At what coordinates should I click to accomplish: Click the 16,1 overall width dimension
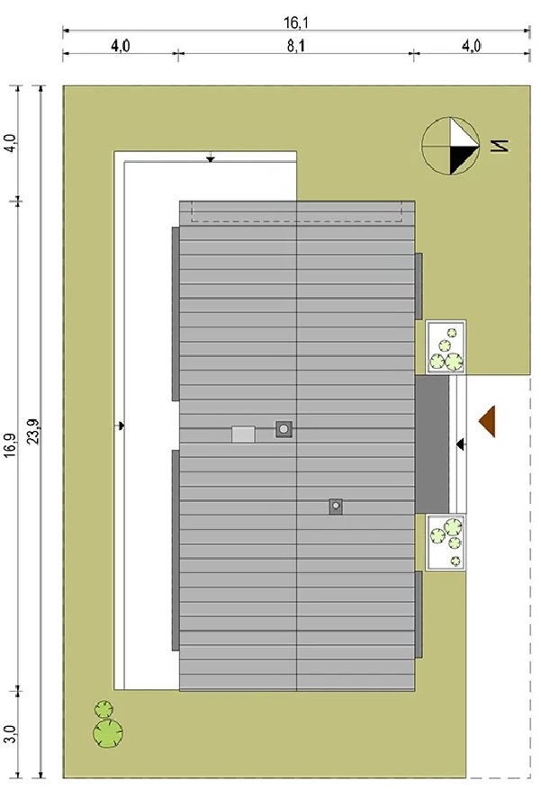point(296,22)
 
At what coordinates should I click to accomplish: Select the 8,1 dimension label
point(296,46)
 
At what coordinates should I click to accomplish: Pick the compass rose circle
point(450,146)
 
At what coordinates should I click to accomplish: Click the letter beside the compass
point(500,146)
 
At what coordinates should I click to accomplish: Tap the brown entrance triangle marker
point(487,421)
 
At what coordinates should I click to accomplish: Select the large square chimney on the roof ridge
point(284,429)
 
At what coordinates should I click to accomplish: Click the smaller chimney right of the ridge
point(336,507)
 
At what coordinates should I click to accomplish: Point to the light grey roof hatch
point(243,435)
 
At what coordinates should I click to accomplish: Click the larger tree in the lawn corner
point(108,732)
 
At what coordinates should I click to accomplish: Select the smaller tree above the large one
point(104,709)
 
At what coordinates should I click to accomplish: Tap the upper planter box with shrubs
point(446,347)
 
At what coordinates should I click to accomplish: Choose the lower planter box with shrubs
point(446,542)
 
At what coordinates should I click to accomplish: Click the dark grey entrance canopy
point(432,444)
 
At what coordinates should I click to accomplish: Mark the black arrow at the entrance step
point(461,444)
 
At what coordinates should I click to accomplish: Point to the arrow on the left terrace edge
point(120,426)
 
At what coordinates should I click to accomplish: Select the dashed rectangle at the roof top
point(296,211)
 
